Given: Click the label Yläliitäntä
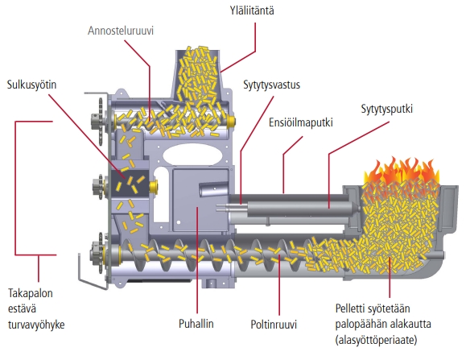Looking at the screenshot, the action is click(252, 10).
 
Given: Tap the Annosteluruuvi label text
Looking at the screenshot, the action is click(121, 31).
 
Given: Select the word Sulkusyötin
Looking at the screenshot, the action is click(31, 85).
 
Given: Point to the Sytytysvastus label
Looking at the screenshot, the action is click(271, 85).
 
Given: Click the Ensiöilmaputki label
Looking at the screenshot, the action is click(301, 122).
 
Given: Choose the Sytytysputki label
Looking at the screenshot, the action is click(386, 109).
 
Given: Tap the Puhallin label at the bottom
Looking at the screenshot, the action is click(196, 324).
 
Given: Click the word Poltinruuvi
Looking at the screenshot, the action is click(274, 325).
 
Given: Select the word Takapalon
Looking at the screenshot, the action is click(31, 293).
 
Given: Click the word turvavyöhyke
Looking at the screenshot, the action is click(36, 325).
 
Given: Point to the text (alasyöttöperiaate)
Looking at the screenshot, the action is click(376, 340).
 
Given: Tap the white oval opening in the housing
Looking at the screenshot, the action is click(192, 154).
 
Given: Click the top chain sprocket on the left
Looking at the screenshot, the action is click(99, 121).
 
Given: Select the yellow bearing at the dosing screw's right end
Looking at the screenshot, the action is click(231, 122).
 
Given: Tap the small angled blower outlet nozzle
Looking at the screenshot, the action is click(213, 189).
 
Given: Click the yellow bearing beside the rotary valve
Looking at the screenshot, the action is click(154, 186).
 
